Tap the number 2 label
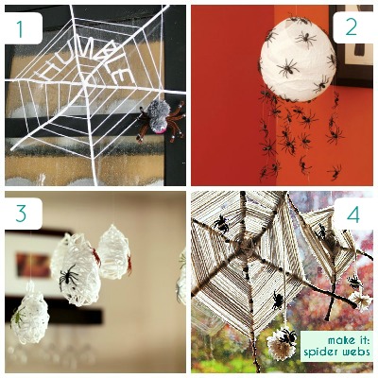351,26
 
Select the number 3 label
22,215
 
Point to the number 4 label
352,215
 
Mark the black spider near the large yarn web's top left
220,223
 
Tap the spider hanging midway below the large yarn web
278,301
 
